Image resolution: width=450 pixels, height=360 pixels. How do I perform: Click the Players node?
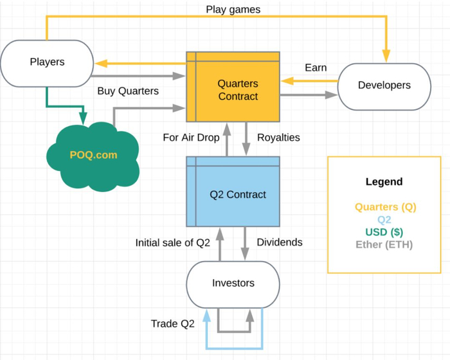tap(47, 62)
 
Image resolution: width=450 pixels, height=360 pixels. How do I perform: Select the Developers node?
tap(384, 85)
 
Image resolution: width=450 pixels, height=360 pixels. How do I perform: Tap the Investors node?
tap(233, 283)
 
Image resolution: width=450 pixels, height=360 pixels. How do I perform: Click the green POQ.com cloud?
tap(94, 155)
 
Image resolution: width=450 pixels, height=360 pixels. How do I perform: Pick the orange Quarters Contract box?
tap(237, 90)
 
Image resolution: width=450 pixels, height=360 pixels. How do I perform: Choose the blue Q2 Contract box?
tap(237, 194)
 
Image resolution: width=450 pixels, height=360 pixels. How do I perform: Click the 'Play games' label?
tap(233, 10)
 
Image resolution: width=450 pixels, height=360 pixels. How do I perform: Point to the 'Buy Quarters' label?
tap(128, 91)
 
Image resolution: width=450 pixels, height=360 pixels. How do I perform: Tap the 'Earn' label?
tap(316, 67)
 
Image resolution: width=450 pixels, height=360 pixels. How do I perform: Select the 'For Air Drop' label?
tap(191, 138)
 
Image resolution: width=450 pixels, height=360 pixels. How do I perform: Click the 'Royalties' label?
tap(278, 138)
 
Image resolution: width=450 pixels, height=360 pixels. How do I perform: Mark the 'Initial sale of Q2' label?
tap(173, 243)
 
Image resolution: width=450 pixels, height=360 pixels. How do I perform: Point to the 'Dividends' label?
tap(280, 243)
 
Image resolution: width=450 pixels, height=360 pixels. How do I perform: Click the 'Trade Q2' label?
tap(172, 323)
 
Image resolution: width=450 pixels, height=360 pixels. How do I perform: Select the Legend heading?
tap(384, 182)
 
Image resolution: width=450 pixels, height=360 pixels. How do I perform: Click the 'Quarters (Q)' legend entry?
tap(384, 208)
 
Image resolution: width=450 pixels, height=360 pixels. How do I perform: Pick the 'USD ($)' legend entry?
tap(384, 232)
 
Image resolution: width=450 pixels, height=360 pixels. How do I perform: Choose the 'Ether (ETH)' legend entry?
tap(384, 244)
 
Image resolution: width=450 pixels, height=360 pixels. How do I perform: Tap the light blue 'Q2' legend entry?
tap(384, 220)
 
